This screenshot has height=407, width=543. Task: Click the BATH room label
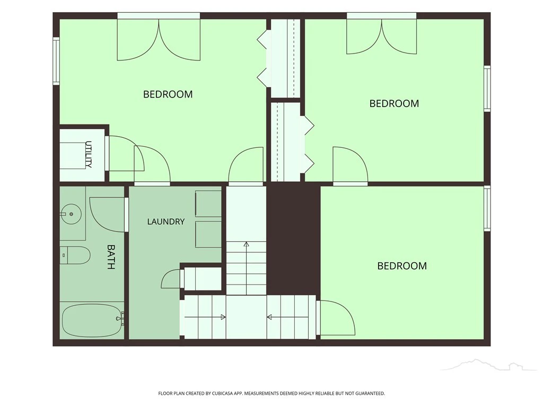(110, 257)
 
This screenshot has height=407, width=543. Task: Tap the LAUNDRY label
(166, 222)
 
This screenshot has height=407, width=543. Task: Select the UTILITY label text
(89, 154)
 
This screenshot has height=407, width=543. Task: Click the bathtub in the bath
(92, 321)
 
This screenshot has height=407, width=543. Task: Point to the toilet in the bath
(75, 255)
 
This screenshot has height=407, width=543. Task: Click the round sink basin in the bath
(71, 214)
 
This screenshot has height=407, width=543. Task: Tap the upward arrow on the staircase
(246, 268)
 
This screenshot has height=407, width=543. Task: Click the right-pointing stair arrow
(205, 317)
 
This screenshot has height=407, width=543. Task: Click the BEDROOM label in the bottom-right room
(402, 266)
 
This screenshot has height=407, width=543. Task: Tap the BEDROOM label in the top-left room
(168, 94)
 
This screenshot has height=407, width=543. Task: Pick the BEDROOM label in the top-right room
(394, 103)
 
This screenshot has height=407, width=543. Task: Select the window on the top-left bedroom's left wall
(56, 61)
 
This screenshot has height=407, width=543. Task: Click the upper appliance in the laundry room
(208, 203)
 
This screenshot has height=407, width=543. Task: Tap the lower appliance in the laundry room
(208, 234)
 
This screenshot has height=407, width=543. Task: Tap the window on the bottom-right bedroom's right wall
(487, 208)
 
